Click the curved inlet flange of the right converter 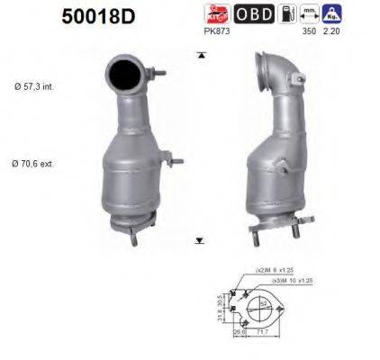(268, 66)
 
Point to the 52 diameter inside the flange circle (264, 306)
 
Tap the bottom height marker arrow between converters (199, 240)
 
